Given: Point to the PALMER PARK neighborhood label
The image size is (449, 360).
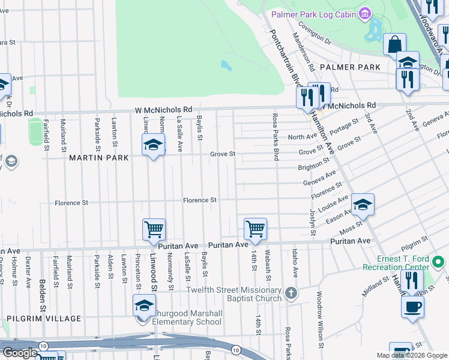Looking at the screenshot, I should tap(350, 67).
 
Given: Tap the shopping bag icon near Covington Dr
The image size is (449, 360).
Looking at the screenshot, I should tap(395, 44).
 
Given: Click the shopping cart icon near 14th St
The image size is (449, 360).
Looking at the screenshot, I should tap(256, 229).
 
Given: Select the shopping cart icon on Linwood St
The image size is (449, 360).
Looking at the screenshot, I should tap(154, 229).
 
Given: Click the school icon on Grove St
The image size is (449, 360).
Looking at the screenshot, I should tap(154, 145).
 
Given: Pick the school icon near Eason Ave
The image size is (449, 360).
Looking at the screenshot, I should tap(363, 205).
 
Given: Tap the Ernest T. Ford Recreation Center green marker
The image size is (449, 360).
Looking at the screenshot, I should tap(438, 262).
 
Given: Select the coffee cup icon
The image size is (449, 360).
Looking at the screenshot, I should tap(412, 307).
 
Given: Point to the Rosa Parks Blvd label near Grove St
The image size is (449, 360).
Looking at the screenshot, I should tap(276, 137).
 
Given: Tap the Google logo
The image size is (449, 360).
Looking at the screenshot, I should tap(20, 353).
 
